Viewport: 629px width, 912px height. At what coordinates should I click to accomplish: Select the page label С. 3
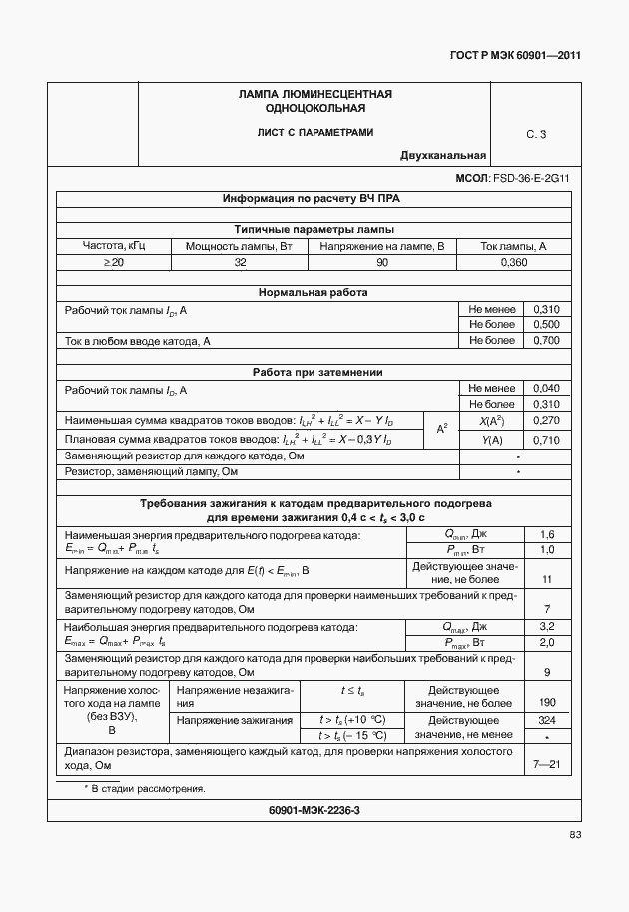(x=536, y=134)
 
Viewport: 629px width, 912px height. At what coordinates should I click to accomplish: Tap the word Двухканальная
(x=443, y=155)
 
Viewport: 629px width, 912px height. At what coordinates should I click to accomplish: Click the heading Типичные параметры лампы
(x=314, y=229)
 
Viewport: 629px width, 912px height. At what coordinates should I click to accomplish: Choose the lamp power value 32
(x=240, y=262)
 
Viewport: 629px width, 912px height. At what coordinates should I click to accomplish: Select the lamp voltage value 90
(x=382, y=262)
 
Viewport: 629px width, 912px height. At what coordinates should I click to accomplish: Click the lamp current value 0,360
(x=513, y=262)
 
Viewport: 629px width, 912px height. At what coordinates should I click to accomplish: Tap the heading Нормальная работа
(x=314, y=293)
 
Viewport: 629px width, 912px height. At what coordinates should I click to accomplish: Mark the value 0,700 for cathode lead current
(x=546, y=341)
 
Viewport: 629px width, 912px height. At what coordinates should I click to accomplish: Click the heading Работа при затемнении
(x=314, y=373)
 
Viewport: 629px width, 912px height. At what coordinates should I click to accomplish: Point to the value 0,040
(x=546, y=389)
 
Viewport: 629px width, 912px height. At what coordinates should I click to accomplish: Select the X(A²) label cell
(x=491, y=422)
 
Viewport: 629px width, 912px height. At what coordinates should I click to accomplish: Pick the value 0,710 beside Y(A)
(x=546, y=440)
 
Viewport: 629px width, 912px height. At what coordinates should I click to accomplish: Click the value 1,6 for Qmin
(x=546, y=536)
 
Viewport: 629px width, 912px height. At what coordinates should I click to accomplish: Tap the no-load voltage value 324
(x=546, y=719)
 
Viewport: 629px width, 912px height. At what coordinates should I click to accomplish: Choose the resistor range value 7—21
(x=546, y=765)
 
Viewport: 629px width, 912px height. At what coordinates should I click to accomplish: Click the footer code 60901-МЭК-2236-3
(x=314, y=810)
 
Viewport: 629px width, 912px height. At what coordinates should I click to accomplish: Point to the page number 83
(x=575, y=835)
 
